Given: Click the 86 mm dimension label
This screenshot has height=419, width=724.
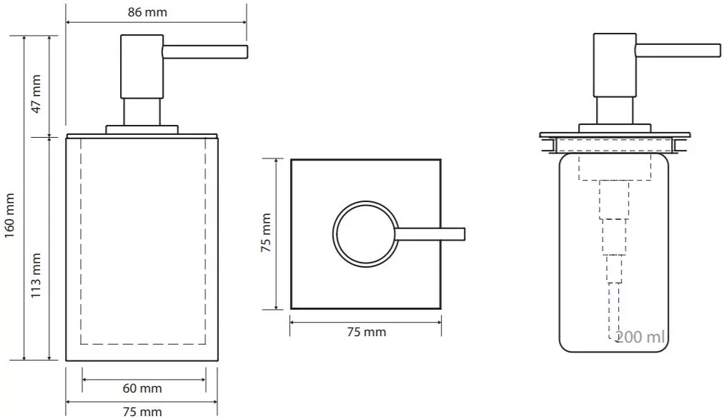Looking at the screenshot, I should [x=156, y=13].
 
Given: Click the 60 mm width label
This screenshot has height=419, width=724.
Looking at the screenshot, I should [x=142, y=388].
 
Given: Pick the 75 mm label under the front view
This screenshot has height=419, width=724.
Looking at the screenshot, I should [x=142, y=412].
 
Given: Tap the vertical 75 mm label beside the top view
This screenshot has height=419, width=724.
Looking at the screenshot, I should [x=265, y=234].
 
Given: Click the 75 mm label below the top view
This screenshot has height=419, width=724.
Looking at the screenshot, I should [x=365, y=332].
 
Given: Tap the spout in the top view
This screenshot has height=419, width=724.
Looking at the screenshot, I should [x=432, y=233].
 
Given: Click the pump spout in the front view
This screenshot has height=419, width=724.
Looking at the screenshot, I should [x=205, y=51].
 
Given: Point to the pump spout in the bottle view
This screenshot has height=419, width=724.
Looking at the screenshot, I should [x=678, y=50].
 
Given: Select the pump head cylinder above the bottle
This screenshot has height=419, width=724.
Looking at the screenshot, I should [x=614, y=65].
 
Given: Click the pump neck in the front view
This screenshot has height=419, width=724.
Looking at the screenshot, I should [x=142, y=112].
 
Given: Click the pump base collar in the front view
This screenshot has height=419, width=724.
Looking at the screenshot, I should [x=142, y=129].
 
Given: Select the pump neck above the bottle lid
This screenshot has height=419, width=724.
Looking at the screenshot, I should [x=614, y=111].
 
